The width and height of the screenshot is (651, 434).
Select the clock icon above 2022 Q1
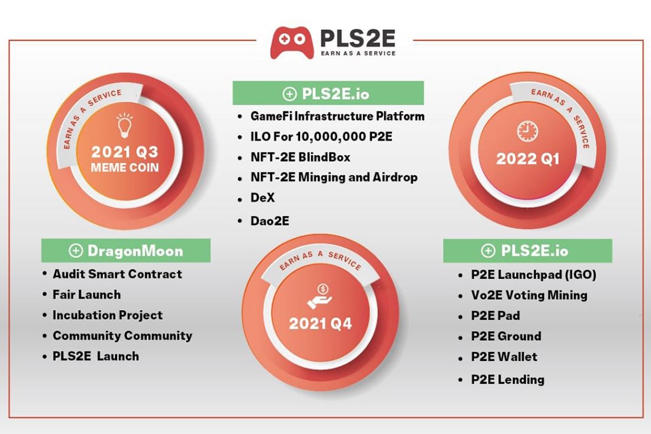(x=526, y=132)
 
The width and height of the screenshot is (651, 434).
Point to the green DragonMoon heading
(x=126, y=250)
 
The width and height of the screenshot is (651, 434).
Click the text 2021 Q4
(x=320, y=323)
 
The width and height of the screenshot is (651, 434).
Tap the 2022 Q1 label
(x=527, y=158)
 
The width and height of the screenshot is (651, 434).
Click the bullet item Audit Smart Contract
(x=117, y=274)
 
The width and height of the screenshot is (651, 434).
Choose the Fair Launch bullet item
(x=86, y=294)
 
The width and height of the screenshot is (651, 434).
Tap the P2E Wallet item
(x=504, y=356)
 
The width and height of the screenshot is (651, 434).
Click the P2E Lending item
(x=507, y=379)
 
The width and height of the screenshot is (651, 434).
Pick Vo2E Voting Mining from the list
(x=529, y=295)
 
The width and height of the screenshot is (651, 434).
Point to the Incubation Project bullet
(x=107, y=315)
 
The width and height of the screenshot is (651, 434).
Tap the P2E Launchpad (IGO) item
(x=533, y=275)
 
